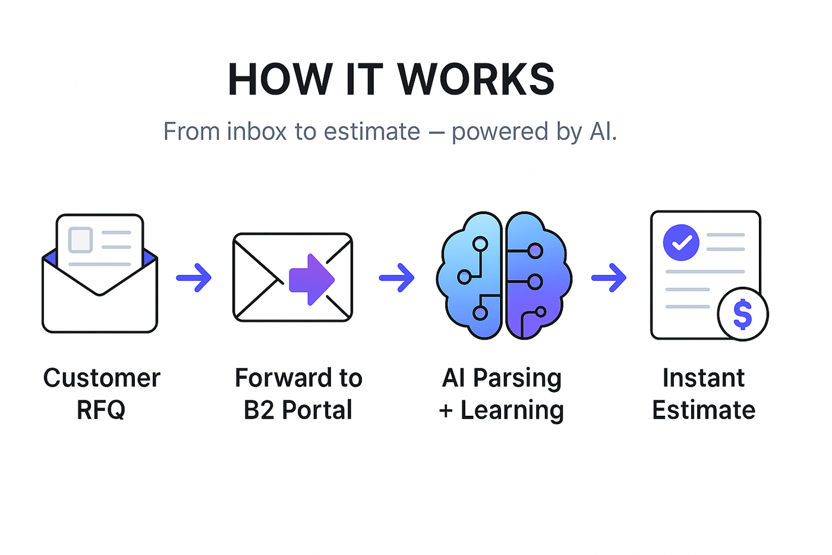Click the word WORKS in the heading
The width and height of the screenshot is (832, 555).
click(475, 80)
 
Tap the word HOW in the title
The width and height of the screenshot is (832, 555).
click(280, 80)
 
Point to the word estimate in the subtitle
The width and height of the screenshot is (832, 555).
click(372, 131)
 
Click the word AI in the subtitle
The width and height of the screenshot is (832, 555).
click(600, 131)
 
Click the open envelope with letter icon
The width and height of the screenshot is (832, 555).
click(100, 274)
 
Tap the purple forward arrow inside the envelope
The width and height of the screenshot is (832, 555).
click(311, 279)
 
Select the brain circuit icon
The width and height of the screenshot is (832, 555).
click(504, 275)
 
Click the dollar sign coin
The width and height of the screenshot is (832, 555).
click(743, 314)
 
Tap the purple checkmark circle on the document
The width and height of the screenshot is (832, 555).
click(681, 243)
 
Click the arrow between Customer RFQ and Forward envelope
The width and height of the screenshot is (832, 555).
click(194, 277)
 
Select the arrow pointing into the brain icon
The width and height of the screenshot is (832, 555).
click(397, 277)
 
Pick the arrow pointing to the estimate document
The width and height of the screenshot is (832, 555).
click(609, 277)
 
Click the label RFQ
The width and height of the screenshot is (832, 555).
click(101, 410)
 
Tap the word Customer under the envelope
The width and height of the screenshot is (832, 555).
click(102, 378)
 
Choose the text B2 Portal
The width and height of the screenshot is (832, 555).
click(298, 410)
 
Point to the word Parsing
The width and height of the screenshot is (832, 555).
click(517, 378)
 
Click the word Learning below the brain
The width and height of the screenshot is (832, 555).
click(512, 410)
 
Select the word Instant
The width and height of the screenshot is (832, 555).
click(704, 378)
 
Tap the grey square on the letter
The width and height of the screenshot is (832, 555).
click(81, 240)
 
